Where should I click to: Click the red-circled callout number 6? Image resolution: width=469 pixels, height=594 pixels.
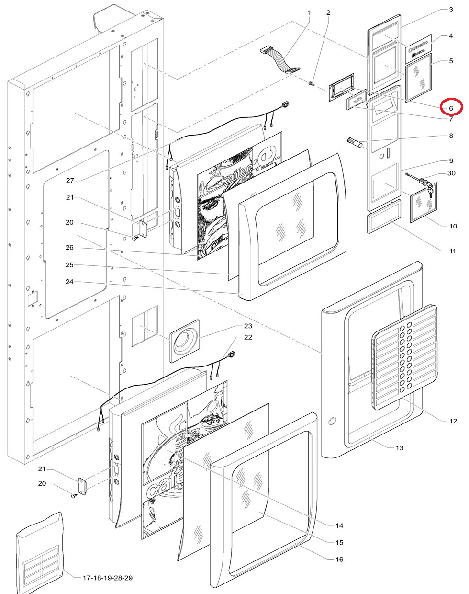pos(450,108)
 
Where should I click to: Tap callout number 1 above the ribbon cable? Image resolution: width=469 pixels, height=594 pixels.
pos(309,12)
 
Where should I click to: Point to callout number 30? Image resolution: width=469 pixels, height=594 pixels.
pos(451,173)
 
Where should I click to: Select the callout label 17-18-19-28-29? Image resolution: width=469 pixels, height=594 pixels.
pos(108,578)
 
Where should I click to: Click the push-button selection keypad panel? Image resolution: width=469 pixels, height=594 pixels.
pos(404,356)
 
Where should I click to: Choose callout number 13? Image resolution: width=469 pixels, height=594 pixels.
pos(400,448)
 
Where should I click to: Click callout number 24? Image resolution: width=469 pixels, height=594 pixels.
pos(70,282)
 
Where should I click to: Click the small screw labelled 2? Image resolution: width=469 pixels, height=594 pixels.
pos(311,84)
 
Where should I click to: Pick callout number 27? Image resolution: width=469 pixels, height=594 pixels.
pos(70,180)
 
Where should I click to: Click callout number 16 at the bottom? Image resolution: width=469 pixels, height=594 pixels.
pos(339,559)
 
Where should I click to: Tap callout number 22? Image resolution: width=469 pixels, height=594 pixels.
pos(247,338)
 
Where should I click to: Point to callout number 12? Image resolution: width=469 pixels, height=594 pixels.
pos(453,422)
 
